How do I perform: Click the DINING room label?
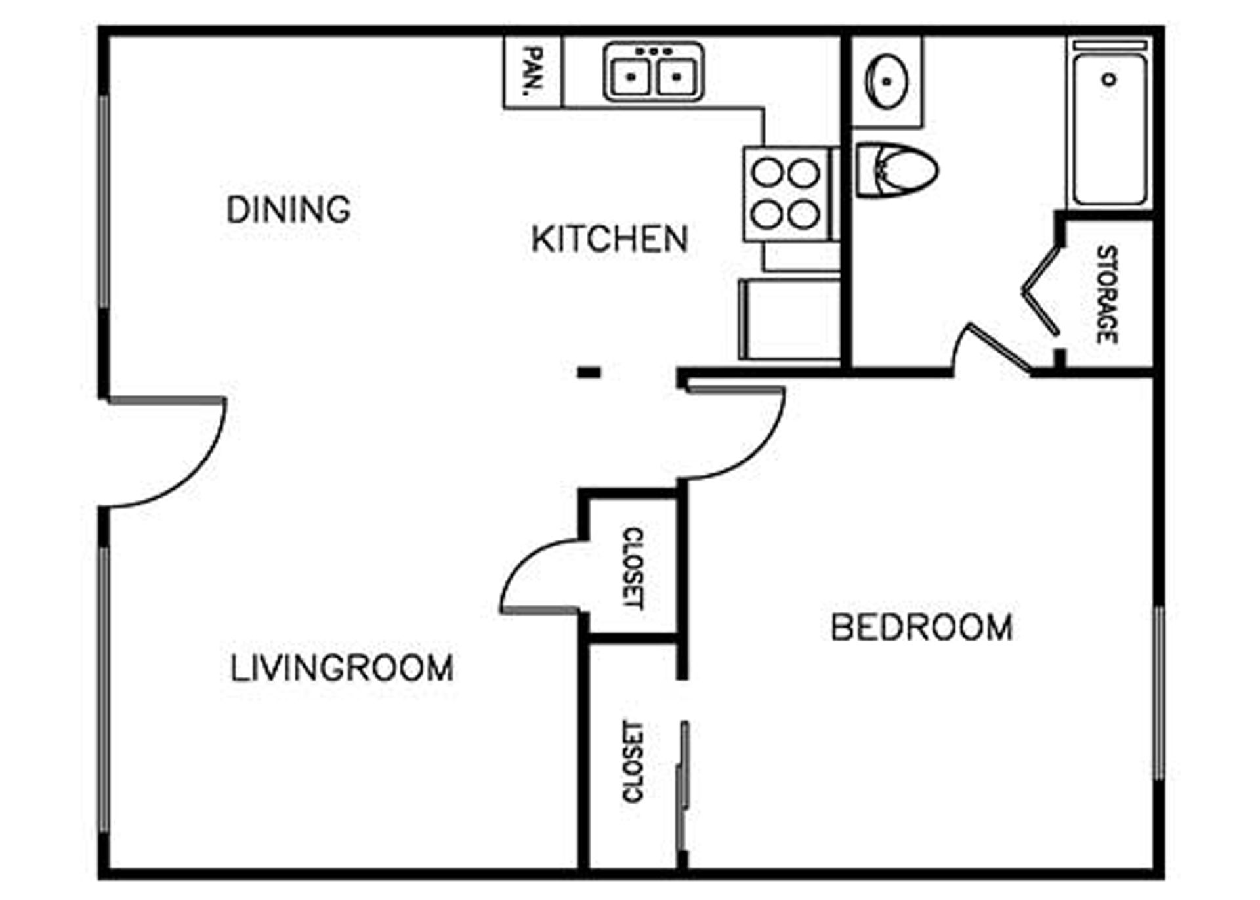click(289, 210)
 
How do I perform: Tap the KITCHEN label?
click(610, 239)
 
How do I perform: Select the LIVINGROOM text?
click(342, 668)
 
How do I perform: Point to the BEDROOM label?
click(922, 627)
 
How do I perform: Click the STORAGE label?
click(1107, 294)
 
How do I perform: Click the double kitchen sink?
click(654, 72)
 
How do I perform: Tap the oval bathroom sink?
click(887, 82)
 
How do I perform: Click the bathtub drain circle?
click(1109, 79)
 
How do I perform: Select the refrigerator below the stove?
click(789, 320)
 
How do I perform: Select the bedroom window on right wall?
click(1159, 693)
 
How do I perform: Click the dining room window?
click(104, 202)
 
